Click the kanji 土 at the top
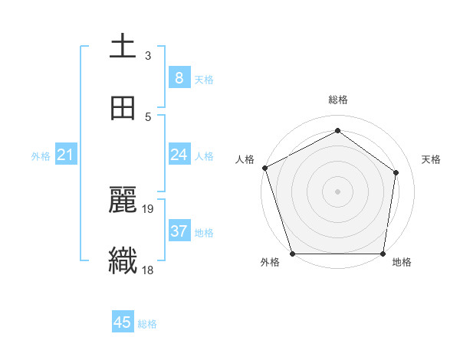point(123,47)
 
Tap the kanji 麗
point(123,199)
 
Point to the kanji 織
point(123,260)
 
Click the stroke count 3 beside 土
point(148,55)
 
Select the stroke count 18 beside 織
point(149,270)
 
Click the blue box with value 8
point(179,77)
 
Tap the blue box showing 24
point(179,155)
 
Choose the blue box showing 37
point(179,231)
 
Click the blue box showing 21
point(66,155)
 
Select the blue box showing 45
point(123,322)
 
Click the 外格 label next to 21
point(41,156)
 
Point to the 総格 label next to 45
point(147,324)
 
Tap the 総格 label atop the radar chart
point(338,100)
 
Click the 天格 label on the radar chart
point(431,159)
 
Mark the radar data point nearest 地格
point(383,254)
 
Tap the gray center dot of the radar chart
point(337,191)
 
